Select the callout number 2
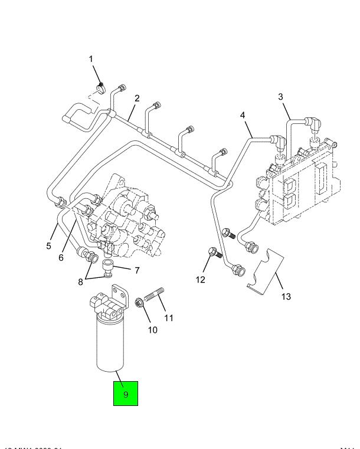(136, 98)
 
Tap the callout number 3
(281, 96)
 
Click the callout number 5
(49, 246)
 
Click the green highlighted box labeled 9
(125, 393)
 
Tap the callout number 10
(152, 330)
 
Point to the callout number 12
(201, 279)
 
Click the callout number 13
(285, 296)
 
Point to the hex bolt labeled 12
(213, 255)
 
